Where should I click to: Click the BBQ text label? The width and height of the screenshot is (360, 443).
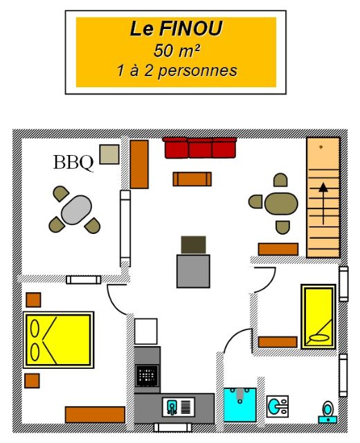(x=73, y=163)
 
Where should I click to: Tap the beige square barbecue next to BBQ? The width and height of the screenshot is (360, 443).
(x=109, y=154)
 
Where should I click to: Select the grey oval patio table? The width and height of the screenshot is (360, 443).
(x=76, y=210)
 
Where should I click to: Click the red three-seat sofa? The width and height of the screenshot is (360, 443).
(x=199, y=147)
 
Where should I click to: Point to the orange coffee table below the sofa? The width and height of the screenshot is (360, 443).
(x=192, y=179)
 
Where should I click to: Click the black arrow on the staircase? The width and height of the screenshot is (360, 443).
(x=323, y=204)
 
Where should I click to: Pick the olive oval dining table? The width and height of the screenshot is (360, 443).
(x=281, y=204)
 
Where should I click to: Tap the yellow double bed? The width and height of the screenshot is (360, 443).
(x=58, y=340)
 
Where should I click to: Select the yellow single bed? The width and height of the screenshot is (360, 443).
(x=318, y=317)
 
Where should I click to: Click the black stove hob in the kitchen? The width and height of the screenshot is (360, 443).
(x=147, y=375)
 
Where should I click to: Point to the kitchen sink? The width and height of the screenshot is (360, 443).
(x=179, y=407)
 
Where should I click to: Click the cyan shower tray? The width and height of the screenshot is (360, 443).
(x=240, y=405)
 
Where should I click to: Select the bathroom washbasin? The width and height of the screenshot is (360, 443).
(x=278, y=406)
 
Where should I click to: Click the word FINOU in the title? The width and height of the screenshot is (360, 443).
(x=191, y=28)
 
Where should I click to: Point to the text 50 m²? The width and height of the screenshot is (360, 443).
(x=177, y=51)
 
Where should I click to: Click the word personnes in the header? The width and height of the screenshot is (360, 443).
(x=197, y=71)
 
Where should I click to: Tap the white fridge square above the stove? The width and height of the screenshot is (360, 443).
(x=146, y=332)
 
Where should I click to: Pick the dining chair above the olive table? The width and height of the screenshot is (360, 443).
(x=280, y=180)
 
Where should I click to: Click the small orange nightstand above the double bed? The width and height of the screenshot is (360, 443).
(x=33, y=300)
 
